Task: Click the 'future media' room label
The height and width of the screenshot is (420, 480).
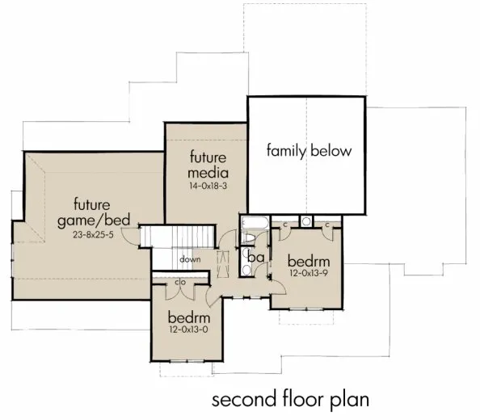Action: (209, 165)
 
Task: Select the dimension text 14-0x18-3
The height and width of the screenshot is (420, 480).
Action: (209, 186)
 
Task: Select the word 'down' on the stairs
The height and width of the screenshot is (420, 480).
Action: (190, 259)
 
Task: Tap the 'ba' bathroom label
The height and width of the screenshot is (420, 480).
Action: (255, 256)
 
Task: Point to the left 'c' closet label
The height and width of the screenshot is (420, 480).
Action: (284, 222)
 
